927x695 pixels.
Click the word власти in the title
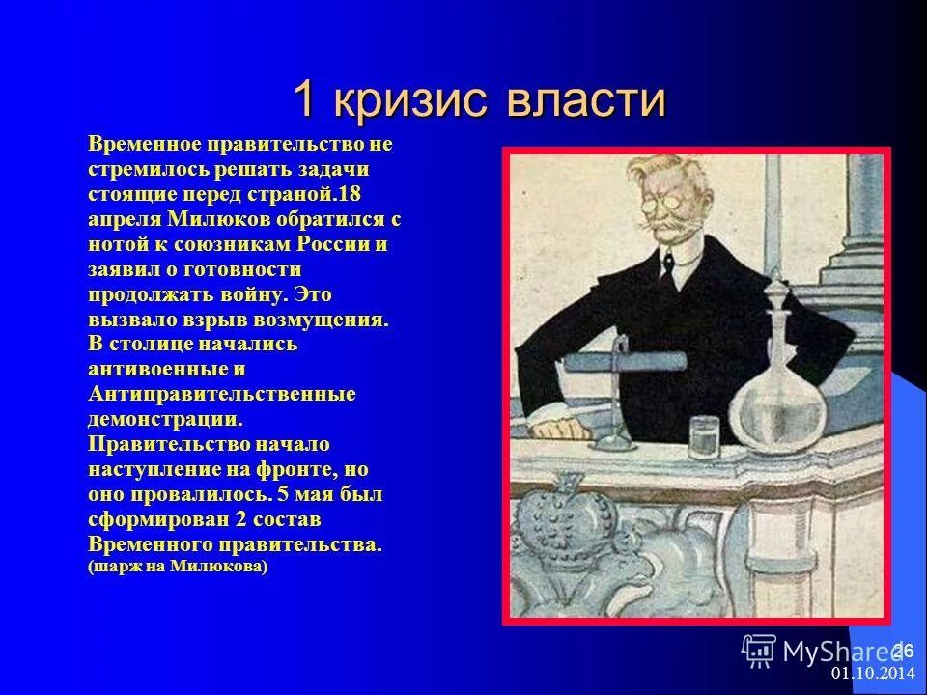[590, 100]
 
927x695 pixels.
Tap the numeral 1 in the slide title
[306, 100]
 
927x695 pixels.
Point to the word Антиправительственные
[222, 395]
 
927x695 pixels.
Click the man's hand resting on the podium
[555, 424]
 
